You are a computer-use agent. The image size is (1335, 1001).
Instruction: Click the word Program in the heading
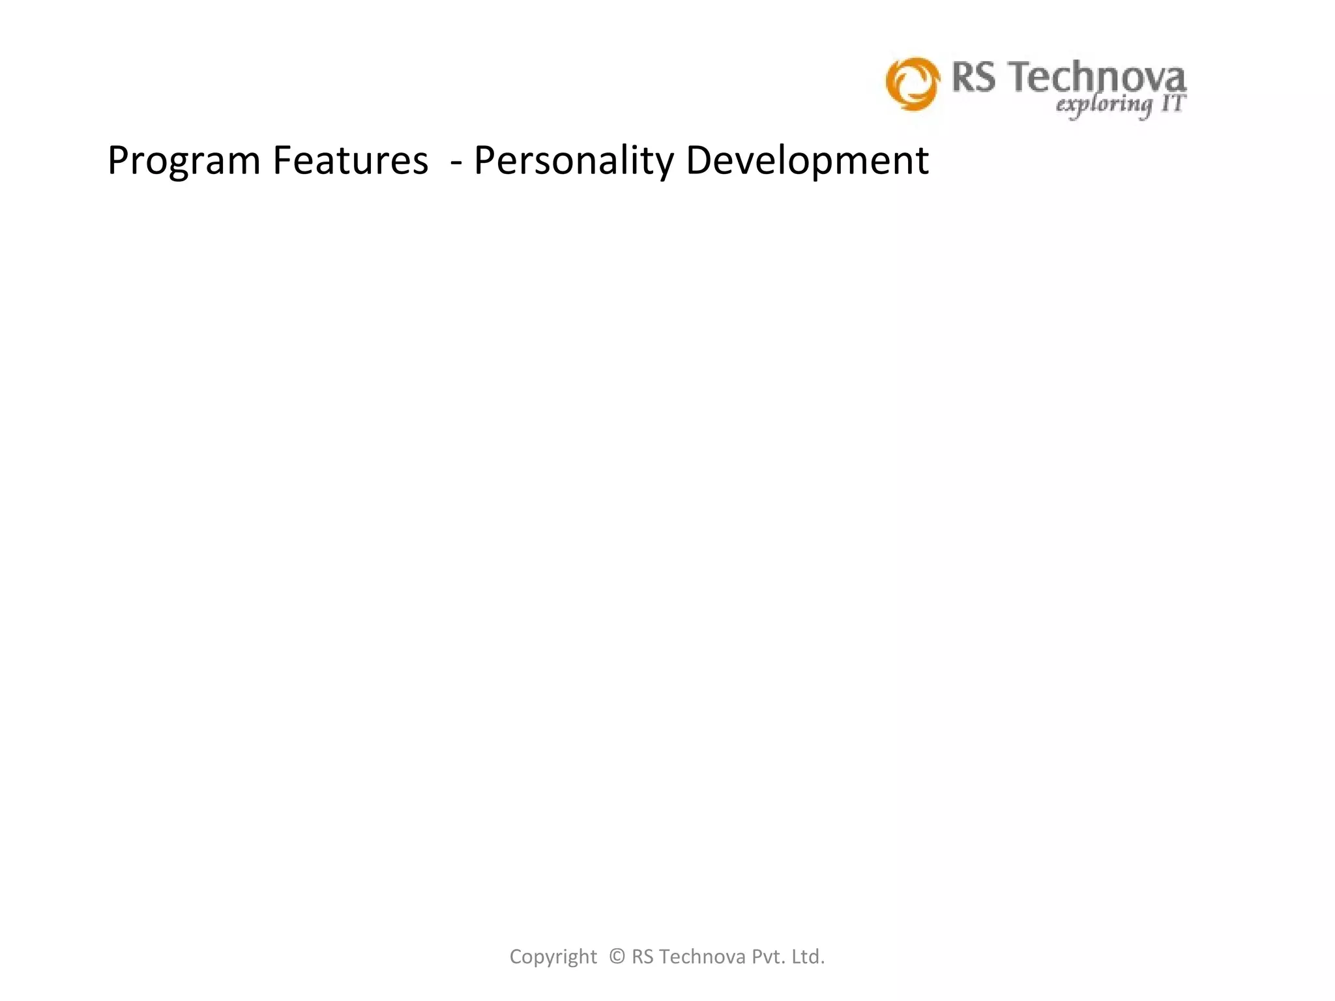[x=184, y=162]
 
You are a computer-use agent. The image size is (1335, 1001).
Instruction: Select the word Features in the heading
[x=350, y=160]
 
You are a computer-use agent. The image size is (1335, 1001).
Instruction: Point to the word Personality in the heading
[x=574, y=162]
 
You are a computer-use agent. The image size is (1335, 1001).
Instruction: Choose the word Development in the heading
[x=807, y=162]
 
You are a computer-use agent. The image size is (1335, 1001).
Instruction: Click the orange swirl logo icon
[x=913, y=83]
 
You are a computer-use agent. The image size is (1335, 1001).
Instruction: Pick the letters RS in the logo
[x=974, y=78]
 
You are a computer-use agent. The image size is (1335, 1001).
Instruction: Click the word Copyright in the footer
[x=553, y=957]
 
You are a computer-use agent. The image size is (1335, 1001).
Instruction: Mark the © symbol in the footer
[x=617, y=956]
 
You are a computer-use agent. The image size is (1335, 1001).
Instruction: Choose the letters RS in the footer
[x=643, y=956]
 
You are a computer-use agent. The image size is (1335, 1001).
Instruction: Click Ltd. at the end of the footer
[x=808, y=956]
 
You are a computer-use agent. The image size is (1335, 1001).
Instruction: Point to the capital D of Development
[x=699, y=160]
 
